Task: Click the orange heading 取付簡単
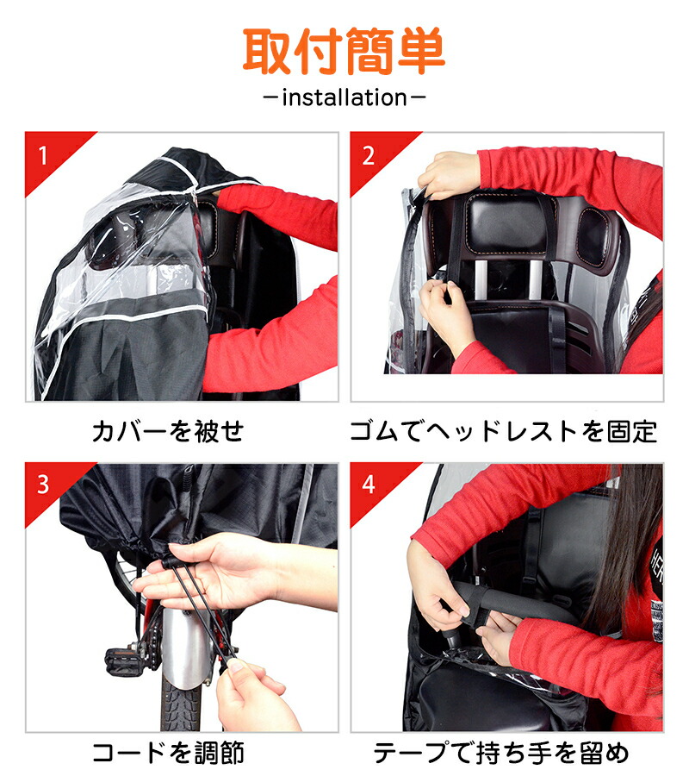point(344,51)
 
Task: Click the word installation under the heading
point(344,97)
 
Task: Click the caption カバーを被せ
point(168,431)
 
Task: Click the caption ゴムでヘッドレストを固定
point(504,431)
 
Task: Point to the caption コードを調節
point(168,753)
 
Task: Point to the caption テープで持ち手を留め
point(500,753)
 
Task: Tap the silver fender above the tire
point(185,648)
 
